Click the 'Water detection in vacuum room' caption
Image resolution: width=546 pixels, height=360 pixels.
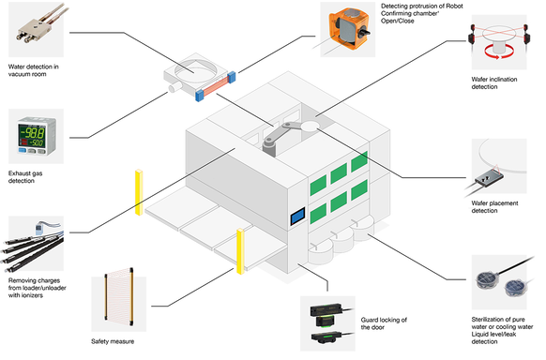(34, 70)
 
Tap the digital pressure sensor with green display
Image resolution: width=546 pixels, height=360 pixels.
(37, 136)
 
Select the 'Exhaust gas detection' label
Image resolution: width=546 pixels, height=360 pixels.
(25, 176)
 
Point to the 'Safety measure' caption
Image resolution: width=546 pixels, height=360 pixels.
(113, 341)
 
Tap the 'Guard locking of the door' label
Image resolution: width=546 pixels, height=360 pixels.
(384, 323)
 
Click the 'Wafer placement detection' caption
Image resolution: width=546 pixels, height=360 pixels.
(494, 207)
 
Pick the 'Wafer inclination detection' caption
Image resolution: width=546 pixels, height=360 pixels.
(494, 83)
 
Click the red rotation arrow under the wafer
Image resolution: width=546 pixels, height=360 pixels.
(498, 52)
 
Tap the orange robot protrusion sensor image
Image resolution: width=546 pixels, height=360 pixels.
(349, 29)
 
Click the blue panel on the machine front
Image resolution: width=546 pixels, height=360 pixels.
(297, 216)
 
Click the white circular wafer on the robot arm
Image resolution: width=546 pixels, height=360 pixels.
(310, 127)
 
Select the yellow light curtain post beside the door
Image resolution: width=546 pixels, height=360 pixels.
(240, 251)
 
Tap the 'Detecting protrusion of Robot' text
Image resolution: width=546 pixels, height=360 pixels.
(421, 6)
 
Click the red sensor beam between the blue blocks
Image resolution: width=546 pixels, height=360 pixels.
(217, 85)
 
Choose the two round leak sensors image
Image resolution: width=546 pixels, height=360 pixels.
(501, 282)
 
